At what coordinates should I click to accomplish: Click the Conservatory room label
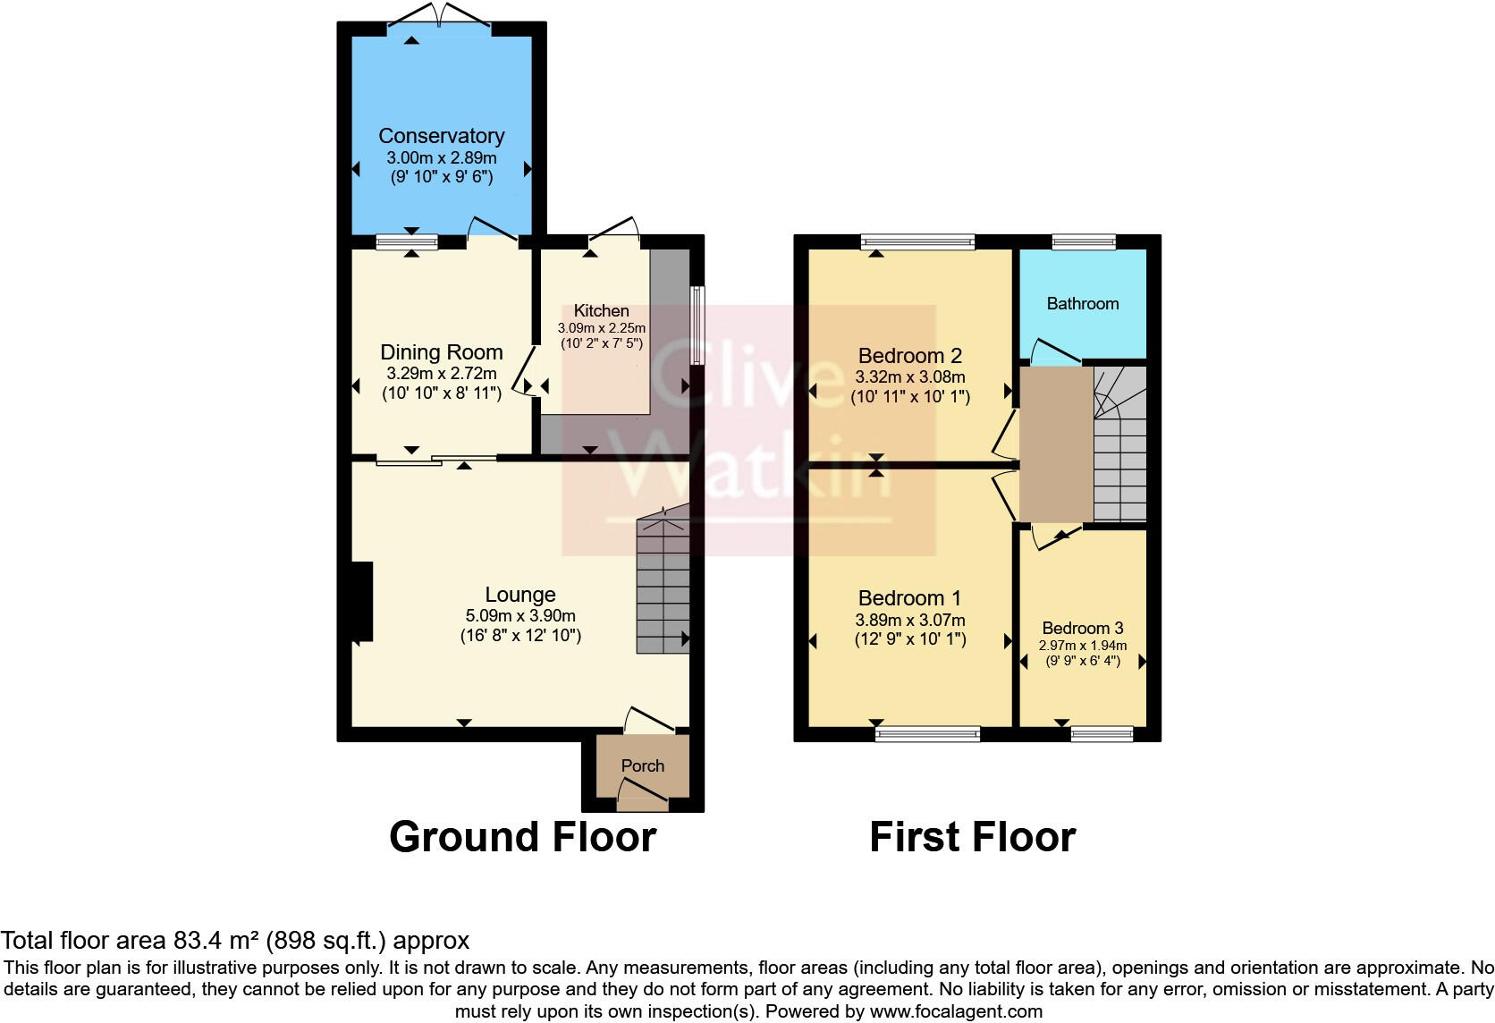click(x=442, y=136)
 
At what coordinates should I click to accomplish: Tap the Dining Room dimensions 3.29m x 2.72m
click(x=442, y=374)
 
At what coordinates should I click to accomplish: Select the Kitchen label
click(x=601, y=310)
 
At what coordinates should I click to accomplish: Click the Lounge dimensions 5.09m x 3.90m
click(x=520, y=616)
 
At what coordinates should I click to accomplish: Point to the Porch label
click(x=642, y=766)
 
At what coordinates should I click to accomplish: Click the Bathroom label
click(x=1082, y=304)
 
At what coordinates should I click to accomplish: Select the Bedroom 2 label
click(x=910, y=356)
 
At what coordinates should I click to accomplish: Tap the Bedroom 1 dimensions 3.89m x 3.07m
click(x=910, y=621)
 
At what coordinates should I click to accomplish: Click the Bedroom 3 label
click(x=1082, y=629)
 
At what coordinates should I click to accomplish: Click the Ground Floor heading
click(x=523, y=837)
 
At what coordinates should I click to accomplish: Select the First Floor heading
click(x=972, y=837)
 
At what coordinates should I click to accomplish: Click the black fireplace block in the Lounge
click(x=361, y=601)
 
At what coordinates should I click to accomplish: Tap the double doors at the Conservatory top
click(x=438, y=16)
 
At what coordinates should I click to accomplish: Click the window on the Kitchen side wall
click(x=697, y=325)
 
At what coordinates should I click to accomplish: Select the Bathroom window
click(x=1084, y=241)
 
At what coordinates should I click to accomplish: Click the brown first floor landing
click(x=1056, y=444)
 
